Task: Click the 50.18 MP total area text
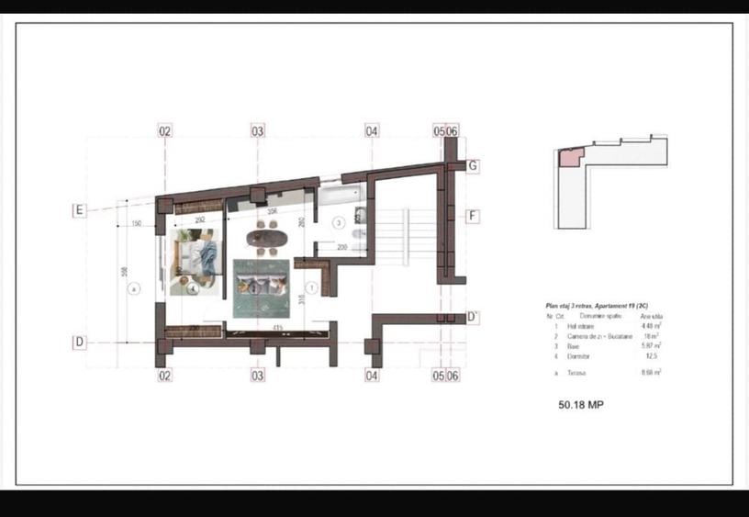[x=581, y=404]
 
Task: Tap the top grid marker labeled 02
[x=165, y=131]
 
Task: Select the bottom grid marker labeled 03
[x=258, y=375]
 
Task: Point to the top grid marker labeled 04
[x=372, y=131]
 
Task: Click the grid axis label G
[x=473, y=166]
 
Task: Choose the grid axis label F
[x=473, y=217]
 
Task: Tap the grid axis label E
[x=80, y=210]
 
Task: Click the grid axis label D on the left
[x=80, y=343]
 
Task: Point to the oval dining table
[x=268, y=239]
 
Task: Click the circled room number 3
[x=337, y=222]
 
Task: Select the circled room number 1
[x=310, y=287]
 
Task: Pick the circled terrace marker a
[x=134, y=287]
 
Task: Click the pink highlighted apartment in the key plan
[x=570, y=159]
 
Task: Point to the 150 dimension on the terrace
[x=136, y=224]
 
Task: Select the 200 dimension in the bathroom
[x=341, y=247]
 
